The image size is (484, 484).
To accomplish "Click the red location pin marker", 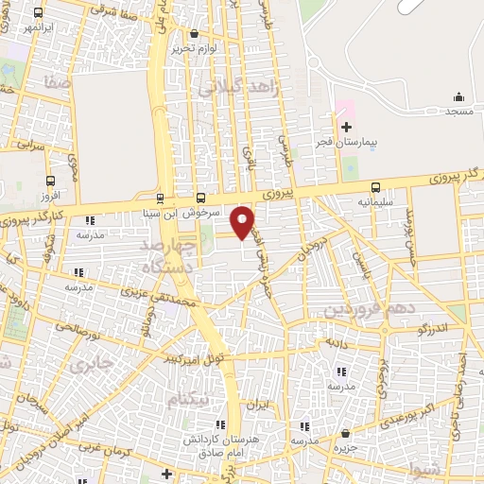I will (243, 221).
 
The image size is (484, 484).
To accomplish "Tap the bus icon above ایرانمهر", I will (38, 13).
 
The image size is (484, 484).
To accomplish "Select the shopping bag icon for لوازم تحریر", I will (195, 33).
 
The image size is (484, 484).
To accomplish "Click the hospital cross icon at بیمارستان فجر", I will (346, 127).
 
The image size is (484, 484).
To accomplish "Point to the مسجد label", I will (459, 112).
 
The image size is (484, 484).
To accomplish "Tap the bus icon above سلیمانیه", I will (376, 187).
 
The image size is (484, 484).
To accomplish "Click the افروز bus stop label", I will (50, 194).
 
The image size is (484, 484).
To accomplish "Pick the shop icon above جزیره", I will (345, 433).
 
